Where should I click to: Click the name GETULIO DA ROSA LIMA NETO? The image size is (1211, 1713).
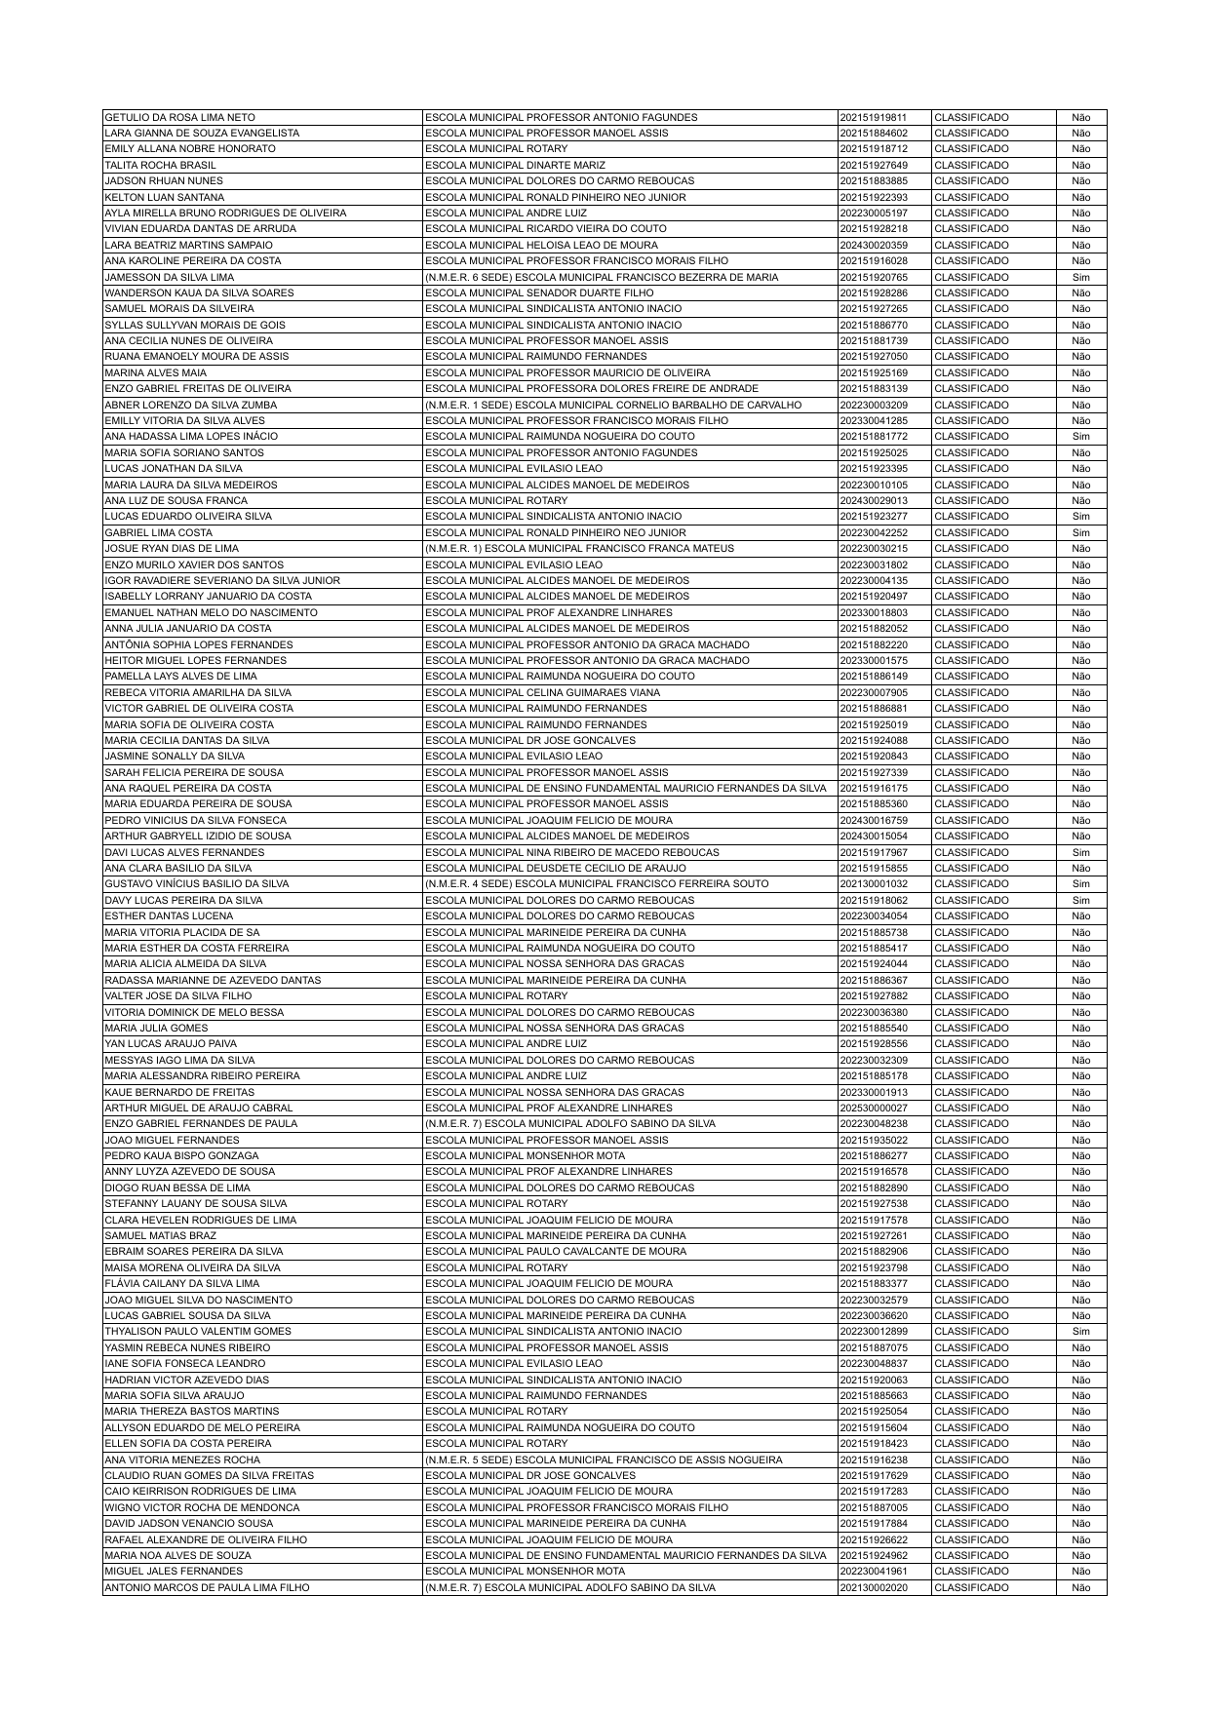pos(179,117)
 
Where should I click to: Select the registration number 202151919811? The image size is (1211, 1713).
pos(873,117)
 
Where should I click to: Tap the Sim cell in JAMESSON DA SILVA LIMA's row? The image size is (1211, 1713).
pos(1080,277)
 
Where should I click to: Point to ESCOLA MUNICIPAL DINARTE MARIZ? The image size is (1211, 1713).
pos(515,165)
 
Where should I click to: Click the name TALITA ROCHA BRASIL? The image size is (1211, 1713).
pos(160,165)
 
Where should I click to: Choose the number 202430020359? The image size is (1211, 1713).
pos(873,245)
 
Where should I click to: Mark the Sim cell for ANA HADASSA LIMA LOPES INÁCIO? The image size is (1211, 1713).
pos(1080,437)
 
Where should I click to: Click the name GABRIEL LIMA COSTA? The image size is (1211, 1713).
pos(158,532)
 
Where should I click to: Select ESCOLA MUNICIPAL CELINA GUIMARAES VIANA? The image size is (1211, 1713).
pos(542,692)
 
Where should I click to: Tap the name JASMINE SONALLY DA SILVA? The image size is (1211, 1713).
pos(175,756)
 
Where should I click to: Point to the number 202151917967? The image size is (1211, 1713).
pos(873,852)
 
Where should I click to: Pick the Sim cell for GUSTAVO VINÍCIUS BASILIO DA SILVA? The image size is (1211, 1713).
pos(1080,884)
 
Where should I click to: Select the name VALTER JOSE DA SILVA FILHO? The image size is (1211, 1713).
pos(177,995)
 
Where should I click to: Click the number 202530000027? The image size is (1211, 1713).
pos(873,1108)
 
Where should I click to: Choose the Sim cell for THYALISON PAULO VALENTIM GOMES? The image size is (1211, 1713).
pos(1080,1331)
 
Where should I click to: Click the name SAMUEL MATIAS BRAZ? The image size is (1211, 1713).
pos(160,1235)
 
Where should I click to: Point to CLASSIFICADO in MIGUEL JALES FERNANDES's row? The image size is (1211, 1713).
pos(971,1571)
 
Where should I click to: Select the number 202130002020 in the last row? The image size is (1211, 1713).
pos(873,1587)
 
